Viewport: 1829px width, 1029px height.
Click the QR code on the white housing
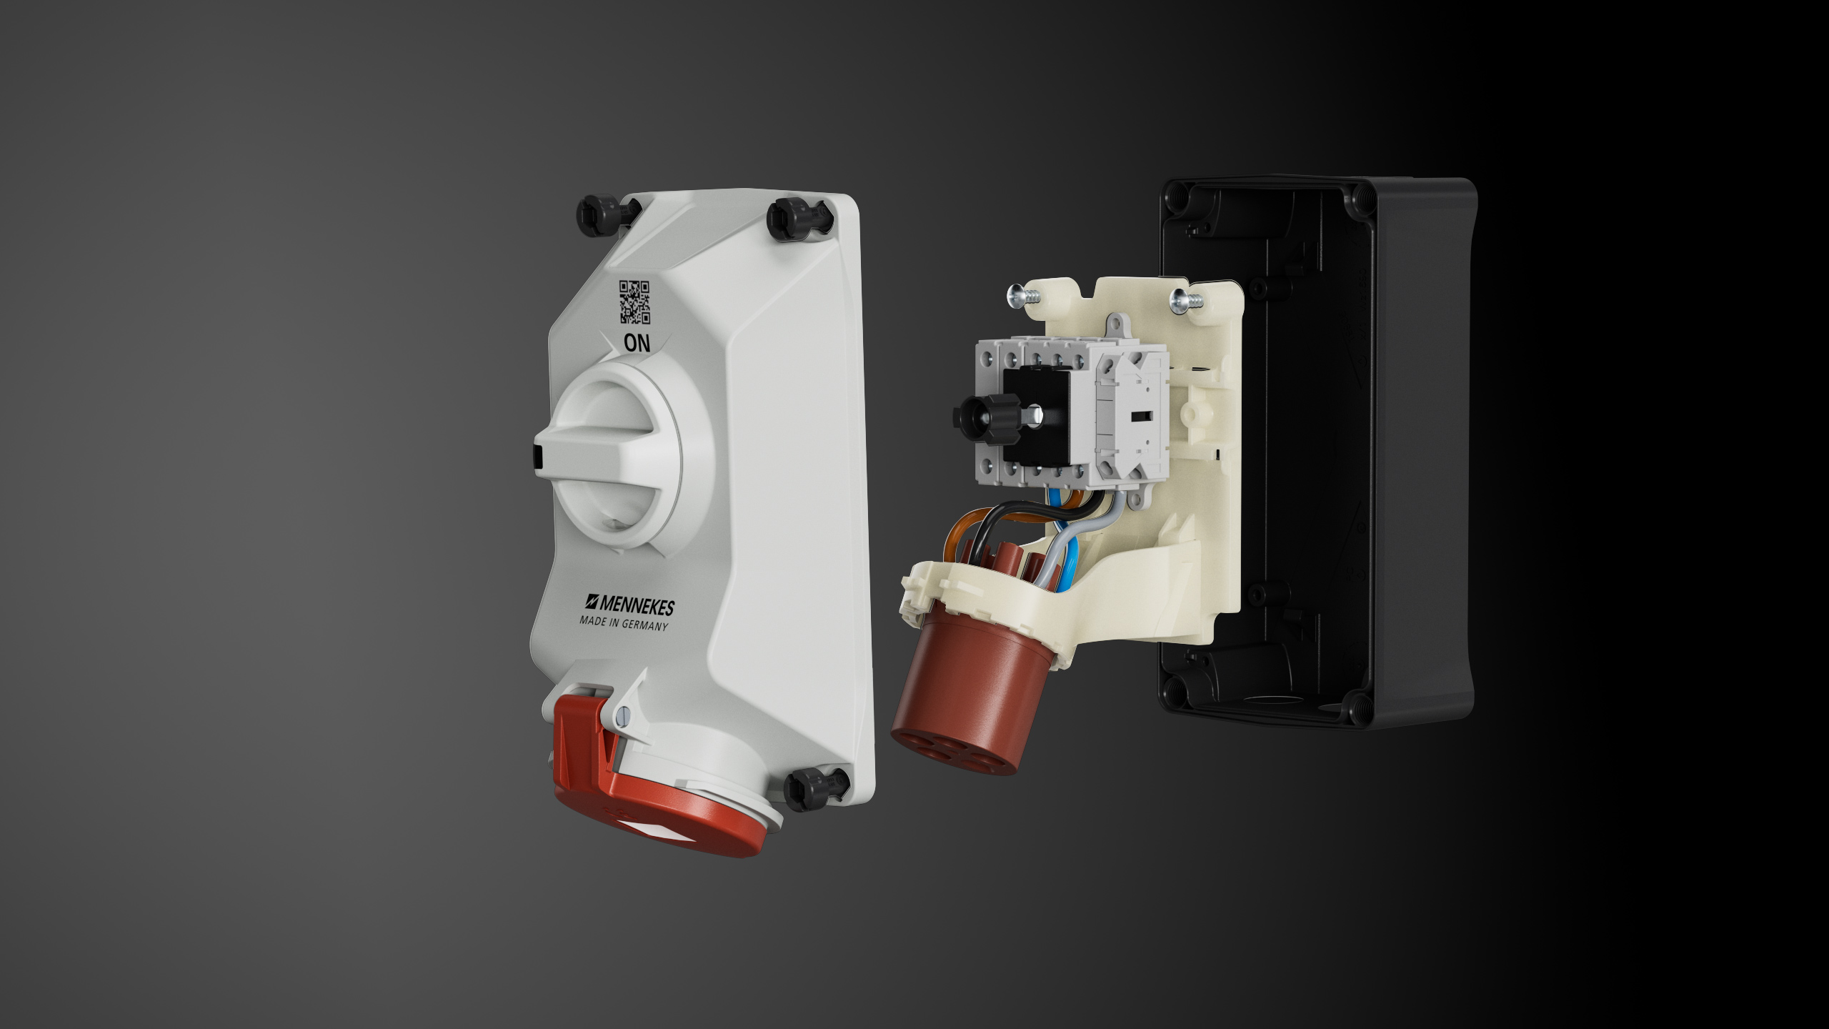pyautogui.click(x=634, y=302)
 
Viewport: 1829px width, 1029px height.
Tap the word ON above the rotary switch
pyautogui.click(x=637, y=343)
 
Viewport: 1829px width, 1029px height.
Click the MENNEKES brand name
pyautogui.click(x=629, y=605)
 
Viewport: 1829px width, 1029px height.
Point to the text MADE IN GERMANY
pyautogui.click(x=624, y=624)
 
